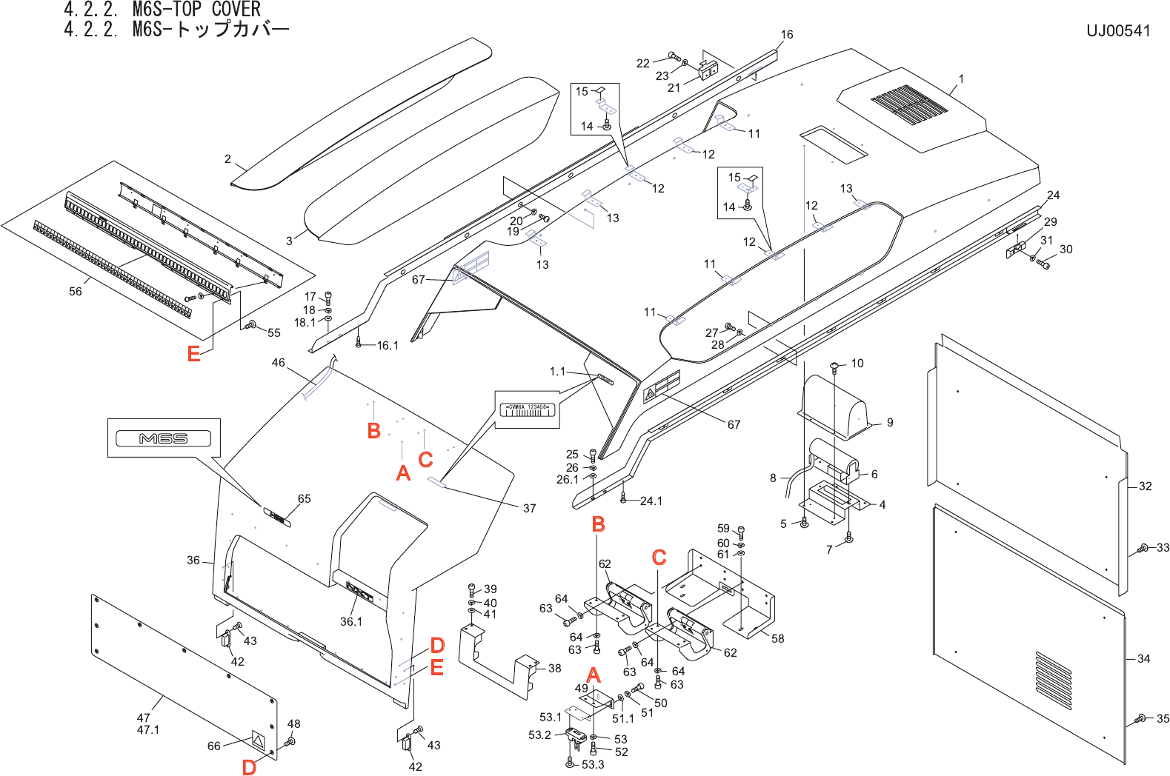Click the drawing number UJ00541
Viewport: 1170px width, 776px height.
[1117, 31]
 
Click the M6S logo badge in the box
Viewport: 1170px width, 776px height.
[164, 438]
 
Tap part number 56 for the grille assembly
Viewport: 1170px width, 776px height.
[76, 292]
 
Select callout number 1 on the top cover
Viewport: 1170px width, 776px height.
[961, 79]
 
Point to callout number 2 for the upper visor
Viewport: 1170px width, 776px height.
[228, 159]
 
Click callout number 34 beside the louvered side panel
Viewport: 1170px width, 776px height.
[1143, 658]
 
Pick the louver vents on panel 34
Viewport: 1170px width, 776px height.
[1053, 680]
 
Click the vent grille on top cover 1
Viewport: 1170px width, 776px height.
[908, 104]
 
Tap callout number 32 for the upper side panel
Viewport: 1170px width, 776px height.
[1145, 486]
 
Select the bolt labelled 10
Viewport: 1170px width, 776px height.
[835, 365]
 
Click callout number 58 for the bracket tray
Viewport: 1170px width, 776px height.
[777, 638]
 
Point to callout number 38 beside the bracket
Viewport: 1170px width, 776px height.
[554, 668]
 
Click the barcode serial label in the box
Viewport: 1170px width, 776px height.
[528, 410]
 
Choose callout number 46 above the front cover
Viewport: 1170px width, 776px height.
[278, 363]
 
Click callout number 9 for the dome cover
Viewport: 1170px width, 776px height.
[890, 422]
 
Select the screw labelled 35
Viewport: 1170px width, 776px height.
[1141, 718]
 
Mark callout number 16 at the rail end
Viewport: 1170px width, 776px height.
[787, 35]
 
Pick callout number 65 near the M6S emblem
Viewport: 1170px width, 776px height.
[305, 499]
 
